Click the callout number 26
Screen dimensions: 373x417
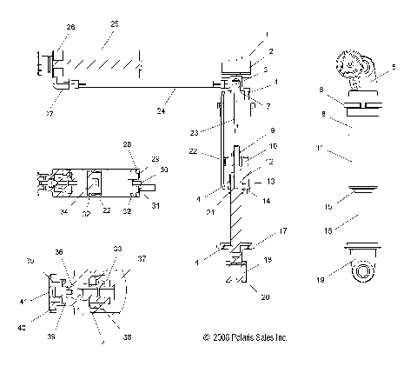(x=70, y=28)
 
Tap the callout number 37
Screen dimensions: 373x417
(x=142, y=258)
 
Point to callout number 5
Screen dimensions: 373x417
(x=394, y=66)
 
